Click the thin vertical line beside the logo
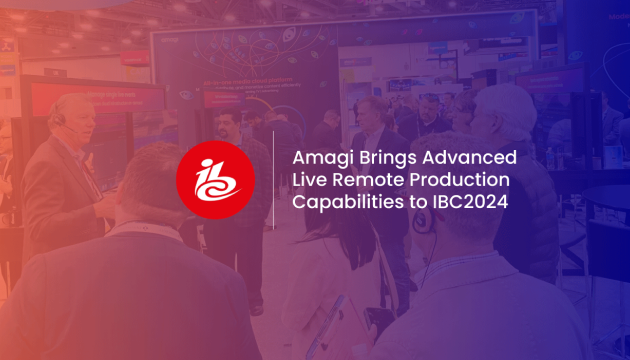pos(273,179)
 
